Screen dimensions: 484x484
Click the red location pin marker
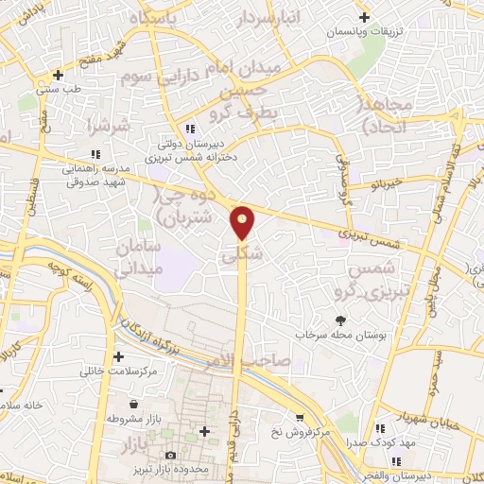[243, 221]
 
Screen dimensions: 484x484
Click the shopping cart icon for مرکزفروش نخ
[299, 417]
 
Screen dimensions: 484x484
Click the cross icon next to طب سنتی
[60, 75]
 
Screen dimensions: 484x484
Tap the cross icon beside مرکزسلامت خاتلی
[118, 357]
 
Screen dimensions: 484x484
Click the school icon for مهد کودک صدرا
[381, 427]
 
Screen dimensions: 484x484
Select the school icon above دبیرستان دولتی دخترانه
[190, 129]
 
